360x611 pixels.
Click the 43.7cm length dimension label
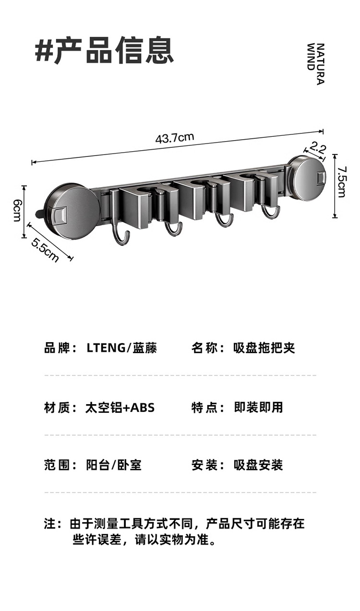pos(174,138)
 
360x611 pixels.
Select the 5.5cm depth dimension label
pos(45,250)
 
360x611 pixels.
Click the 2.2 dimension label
pos(318,146)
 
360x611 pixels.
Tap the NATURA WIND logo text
pos(315,64)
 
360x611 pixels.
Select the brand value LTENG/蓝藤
pos(121,348)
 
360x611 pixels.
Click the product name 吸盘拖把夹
pos(264,348)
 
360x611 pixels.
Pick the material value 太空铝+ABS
pos(120,407)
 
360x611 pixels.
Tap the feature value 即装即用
pos(258,407)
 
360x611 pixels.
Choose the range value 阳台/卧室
pos(114,465)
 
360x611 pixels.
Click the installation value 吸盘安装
pos(258,465)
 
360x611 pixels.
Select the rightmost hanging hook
pos(271,211)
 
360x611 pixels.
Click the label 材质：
pos(60,407)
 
